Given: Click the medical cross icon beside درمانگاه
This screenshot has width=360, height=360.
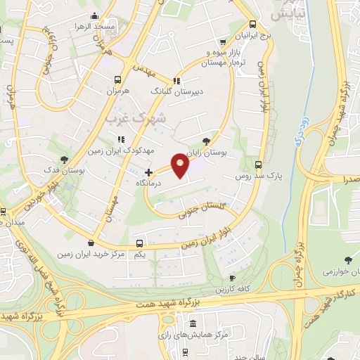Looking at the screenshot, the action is pos(148,172).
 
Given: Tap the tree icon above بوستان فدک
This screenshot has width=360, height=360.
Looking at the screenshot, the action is pos(65,160).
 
